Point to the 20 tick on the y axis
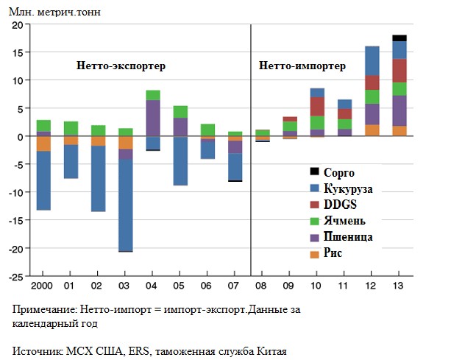tap(17, 24)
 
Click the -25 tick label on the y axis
tap(15, 277)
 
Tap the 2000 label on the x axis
tap(43, 285)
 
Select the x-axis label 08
tap(262, 285)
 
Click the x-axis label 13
tap(399, 285)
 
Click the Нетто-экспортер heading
tap(121, 66)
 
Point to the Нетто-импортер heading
tap(302, 66)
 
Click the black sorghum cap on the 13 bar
tap(399, 38)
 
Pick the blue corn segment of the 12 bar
tap(372, 61)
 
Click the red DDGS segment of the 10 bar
tap(317, 106)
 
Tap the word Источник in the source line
tap(36, 350)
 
